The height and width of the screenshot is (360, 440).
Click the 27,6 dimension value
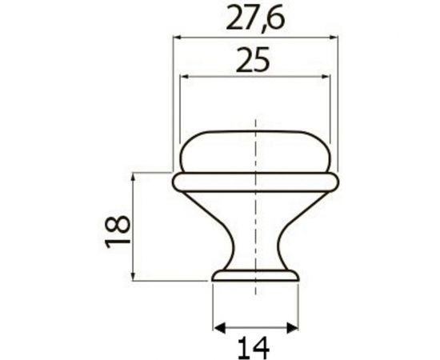pyautogui.click(x=254, y=18)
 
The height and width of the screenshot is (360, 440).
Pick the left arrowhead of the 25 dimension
pyautogui.click(x=184, y=77)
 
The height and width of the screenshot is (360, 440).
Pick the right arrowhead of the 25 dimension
pyautogui.click(x=326, y=77)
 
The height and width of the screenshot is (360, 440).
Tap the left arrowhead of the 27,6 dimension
pyautogui.click(x=178, y=36)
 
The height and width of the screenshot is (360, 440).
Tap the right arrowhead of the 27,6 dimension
pyautogui.click(x=329, y=36)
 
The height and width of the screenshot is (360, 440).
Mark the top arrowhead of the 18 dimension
pyautogui.click(x=134, y=176)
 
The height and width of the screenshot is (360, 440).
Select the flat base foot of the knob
pyautogui.click(x=254, y=277)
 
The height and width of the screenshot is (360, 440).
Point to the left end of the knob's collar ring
pyautogui.click(x=176, y=182)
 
